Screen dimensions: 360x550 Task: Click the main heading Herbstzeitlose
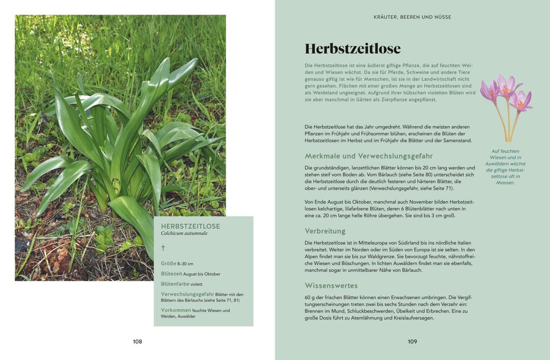coord(352,49)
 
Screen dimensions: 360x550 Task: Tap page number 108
coord(137,341)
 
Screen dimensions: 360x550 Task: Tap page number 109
coord(412,341)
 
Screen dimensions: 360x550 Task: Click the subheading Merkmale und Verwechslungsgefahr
coord(368,156)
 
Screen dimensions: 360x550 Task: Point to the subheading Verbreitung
coord(325,231)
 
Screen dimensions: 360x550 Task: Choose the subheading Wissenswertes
coord(331,285)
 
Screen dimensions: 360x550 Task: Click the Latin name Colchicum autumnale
coord(184,233)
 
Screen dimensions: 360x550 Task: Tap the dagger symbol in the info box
coord(163,248)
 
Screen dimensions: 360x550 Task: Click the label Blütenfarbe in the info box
coord(175,284)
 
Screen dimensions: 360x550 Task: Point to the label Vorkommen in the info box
coord(176,310)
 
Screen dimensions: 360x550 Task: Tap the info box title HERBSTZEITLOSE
coord(190,226)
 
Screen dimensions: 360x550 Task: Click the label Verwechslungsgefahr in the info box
coord(187,294)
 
